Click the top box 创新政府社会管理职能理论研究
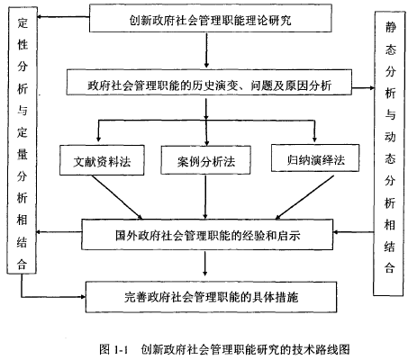(211, 18)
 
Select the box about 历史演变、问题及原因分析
(209, 83)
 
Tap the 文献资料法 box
(102, 160)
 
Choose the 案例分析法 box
(205, 160)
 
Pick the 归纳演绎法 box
(315, 158)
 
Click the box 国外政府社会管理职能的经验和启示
(207, 235)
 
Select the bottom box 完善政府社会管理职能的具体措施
(211, 297)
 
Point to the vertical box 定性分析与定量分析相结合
(22, 140)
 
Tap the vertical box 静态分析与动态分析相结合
(389, 154)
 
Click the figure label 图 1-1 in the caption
(113, 349)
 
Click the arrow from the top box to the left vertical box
(63, 17)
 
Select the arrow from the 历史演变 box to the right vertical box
(363, 88)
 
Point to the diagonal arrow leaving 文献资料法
(117, 197)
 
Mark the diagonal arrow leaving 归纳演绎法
(304, 197)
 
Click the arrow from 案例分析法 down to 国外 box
(205, 197)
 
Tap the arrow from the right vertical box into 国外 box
(353, 232)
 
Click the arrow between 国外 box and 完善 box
(205, 264)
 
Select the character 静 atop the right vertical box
(390, 27)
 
